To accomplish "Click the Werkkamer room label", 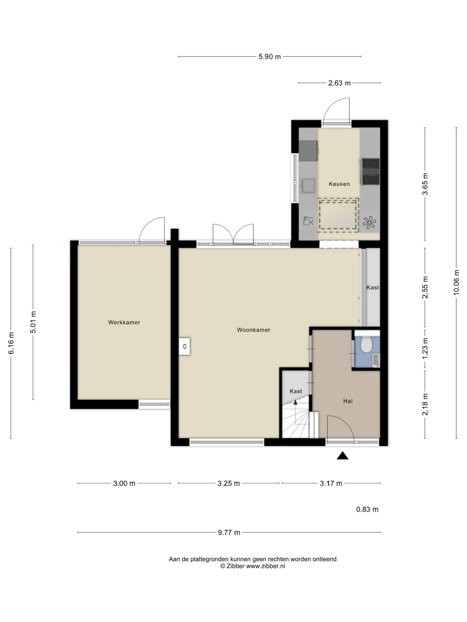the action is point(124,322).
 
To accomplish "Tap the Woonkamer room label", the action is point(253,330).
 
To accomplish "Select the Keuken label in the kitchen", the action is point(339,184).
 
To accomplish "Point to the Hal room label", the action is point(348,401).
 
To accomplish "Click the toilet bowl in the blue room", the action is point(366,344).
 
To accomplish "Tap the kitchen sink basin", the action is point(308,186).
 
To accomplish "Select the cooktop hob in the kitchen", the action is point(370,172).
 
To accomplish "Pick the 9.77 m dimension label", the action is point(229,532).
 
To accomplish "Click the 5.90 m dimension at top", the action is point(269,57).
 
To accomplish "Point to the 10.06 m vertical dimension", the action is point(456,283).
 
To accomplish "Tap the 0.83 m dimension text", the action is point(367,509).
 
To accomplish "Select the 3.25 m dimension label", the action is point(229,483).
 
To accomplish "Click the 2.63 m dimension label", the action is point(339,83).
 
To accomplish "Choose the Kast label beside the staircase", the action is point(296,391).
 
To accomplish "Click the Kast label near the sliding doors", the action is point(373,287).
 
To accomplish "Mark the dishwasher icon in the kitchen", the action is point(308,221).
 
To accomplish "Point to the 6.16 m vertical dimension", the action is point(11,343).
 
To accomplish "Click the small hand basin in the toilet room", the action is point(376,360).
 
